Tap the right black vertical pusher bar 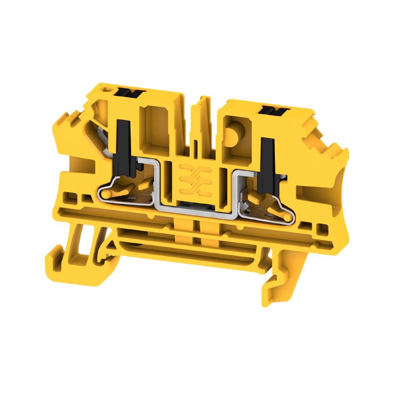coord(267,160)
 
